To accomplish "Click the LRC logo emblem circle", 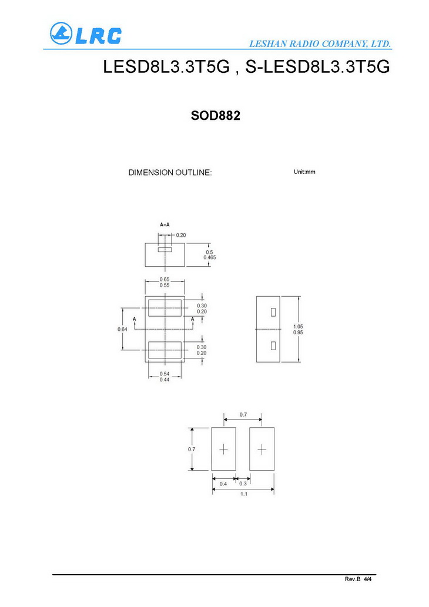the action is tap(61, 33).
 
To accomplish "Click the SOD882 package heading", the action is tap(215, 115).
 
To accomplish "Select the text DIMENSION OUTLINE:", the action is tap(170, 173).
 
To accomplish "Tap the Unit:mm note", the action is tap(304, 172).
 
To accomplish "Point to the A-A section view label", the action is tap(165, 224).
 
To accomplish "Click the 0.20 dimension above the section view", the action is tap(181, 235).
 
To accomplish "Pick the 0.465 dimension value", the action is tap(209, 257).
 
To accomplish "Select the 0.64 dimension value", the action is tap(122, 330).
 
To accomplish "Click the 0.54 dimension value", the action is tap(165, 374).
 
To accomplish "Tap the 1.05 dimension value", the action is tap(298, 327).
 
